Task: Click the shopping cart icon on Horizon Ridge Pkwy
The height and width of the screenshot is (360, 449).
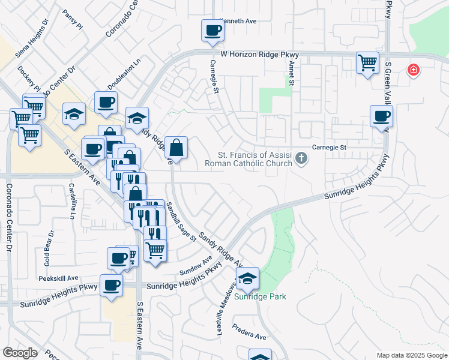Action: pos(367,62)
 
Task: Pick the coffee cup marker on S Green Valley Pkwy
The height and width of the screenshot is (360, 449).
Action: pos(381,116)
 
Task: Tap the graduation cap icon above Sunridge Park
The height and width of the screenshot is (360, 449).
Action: pos(247,278)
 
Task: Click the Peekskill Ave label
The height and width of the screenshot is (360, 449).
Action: pos(59,278)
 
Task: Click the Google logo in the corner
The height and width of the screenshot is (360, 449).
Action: pos(20,353)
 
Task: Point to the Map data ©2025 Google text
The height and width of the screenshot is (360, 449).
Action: pos(411,355)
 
